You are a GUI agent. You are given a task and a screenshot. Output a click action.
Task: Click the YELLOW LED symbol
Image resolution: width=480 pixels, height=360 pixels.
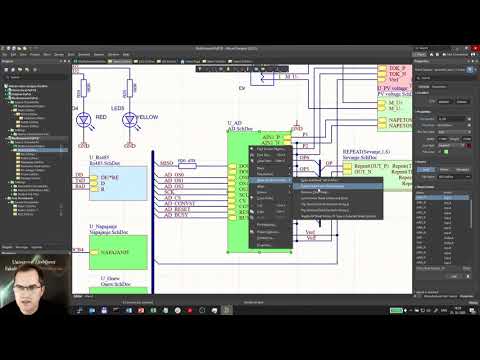coord(129,118)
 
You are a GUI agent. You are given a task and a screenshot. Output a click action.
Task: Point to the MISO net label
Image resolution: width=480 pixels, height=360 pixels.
coord(167,162)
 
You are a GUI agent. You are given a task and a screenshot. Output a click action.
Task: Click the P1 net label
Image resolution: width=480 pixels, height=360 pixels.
coord(306,132)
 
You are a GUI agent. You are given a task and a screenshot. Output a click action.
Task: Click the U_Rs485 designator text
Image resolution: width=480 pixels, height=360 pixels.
coord(104,158)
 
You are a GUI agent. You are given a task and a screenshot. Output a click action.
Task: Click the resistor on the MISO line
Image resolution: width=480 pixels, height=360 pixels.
coord(187,163)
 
